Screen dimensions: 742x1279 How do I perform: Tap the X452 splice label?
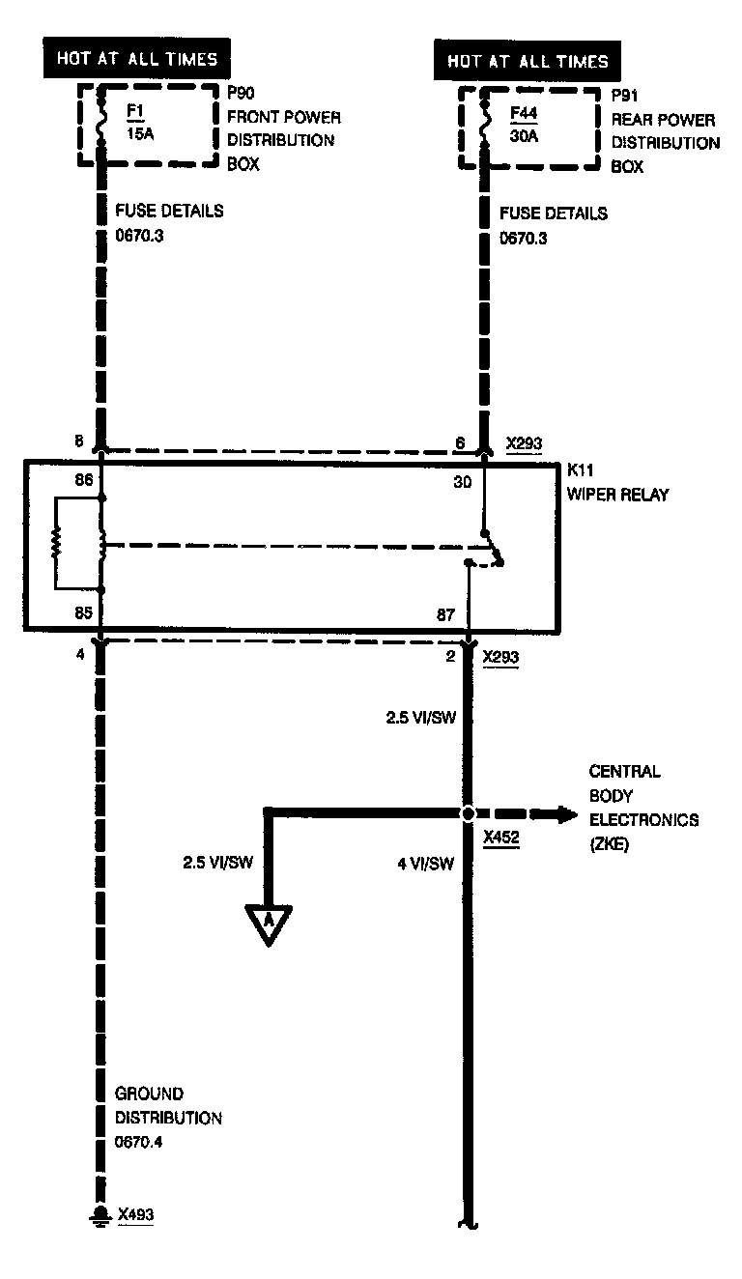click(501, 838)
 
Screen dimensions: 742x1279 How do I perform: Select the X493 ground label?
click(135, 1213)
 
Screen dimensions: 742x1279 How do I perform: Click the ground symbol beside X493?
click(99, 1214)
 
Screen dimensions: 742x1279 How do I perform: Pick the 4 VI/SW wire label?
click(425, 864)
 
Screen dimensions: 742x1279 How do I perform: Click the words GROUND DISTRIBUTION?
click(168, 1106)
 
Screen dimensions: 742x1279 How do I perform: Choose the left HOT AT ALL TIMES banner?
click(136, 59)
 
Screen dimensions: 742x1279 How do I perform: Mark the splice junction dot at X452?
click(468, 813)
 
